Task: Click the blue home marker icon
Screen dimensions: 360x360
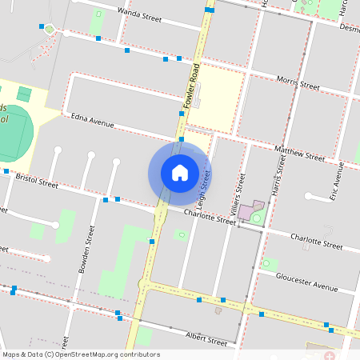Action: coord(180,173)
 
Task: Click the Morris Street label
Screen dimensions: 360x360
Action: coord(298,81)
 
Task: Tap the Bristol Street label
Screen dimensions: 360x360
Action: coord(37,181)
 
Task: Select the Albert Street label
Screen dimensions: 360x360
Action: coord(206,338)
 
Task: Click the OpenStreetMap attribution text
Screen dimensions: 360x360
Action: coord(80,354)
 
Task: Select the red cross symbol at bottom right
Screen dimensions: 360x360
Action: coord(330,354)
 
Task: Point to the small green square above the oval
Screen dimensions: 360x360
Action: coord(23,94)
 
